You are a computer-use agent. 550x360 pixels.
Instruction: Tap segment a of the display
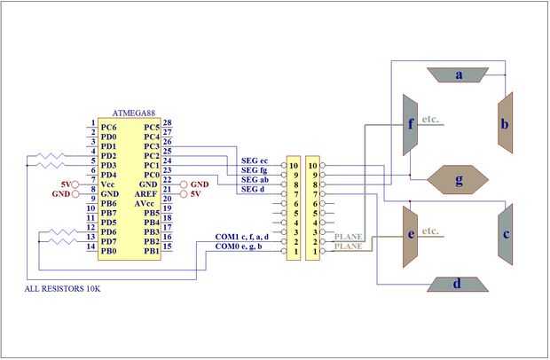(459, 74)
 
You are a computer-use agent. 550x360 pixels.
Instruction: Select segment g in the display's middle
(459, 179)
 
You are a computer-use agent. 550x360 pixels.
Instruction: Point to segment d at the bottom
(457, 284)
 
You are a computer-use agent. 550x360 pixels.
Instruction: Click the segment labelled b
(504, 123)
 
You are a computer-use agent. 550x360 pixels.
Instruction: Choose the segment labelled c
(505, 234)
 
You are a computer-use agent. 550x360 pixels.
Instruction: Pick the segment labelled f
(410, 124)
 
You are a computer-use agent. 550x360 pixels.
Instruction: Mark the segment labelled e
(410, 236)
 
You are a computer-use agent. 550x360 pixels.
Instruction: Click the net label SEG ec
(255, 160)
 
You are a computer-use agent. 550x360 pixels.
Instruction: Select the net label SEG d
(253, 189)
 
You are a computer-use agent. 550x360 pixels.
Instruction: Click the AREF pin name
(148, 192)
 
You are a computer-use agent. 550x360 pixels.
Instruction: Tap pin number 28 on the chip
(168, 124)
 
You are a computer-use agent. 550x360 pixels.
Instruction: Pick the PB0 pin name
(108, 251)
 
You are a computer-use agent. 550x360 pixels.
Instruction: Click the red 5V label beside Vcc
(65, 184)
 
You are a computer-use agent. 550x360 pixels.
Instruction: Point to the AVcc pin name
(147, 203)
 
